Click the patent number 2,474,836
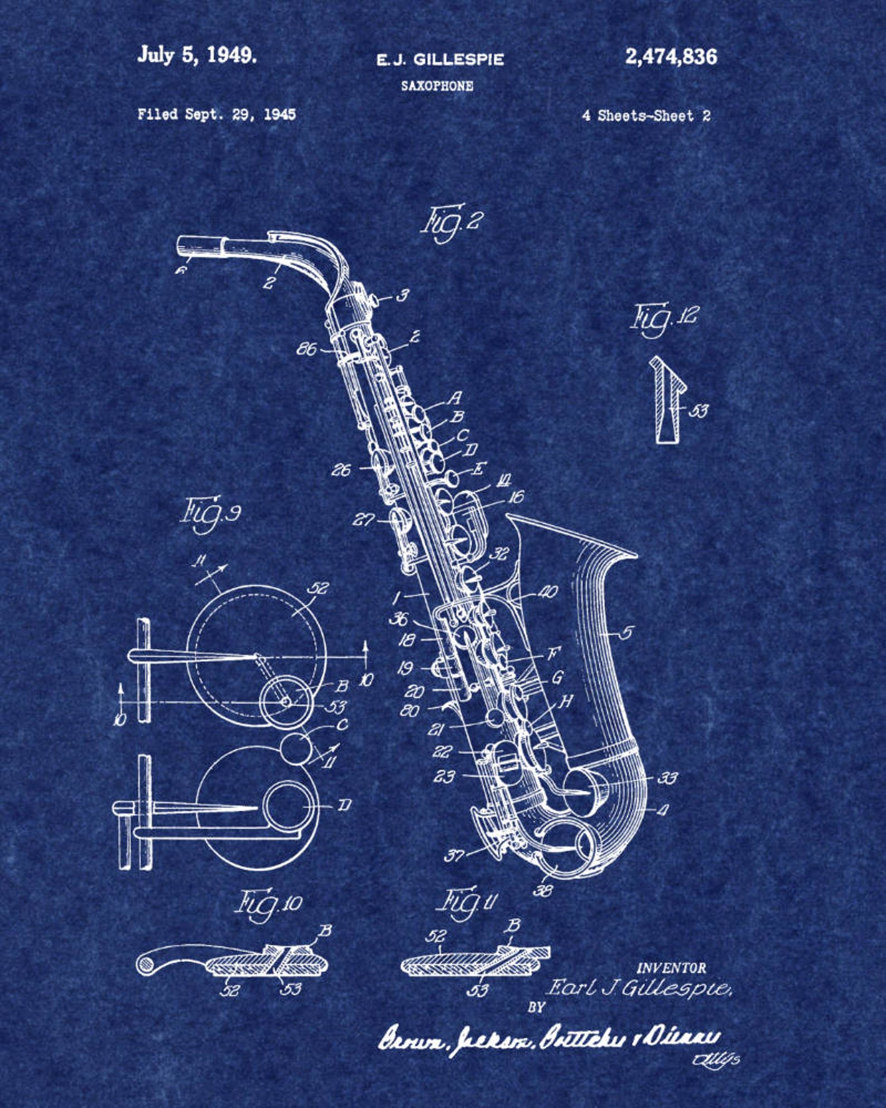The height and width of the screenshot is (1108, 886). point(671,56)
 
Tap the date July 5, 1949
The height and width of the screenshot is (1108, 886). point(197,55)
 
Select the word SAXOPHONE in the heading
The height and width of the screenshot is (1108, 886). point(437,86)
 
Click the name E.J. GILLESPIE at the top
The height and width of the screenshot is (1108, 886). point(440,59)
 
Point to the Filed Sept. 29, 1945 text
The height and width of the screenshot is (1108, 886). point(216,114)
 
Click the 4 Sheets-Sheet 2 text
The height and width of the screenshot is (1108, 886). point(646,116)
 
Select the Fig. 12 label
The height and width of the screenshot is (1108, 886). point(663,319)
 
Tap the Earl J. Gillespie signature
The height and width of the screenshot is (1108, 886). point(637,989)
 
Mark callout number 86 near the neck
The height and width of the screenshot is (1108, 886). point(306,349)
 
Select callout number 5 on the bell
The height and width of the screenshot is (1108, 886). point(627,632)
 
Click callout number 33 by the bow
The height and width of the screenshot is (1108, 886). point(667,778)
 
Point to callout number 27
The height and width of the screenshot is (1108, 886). point(363,520)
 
